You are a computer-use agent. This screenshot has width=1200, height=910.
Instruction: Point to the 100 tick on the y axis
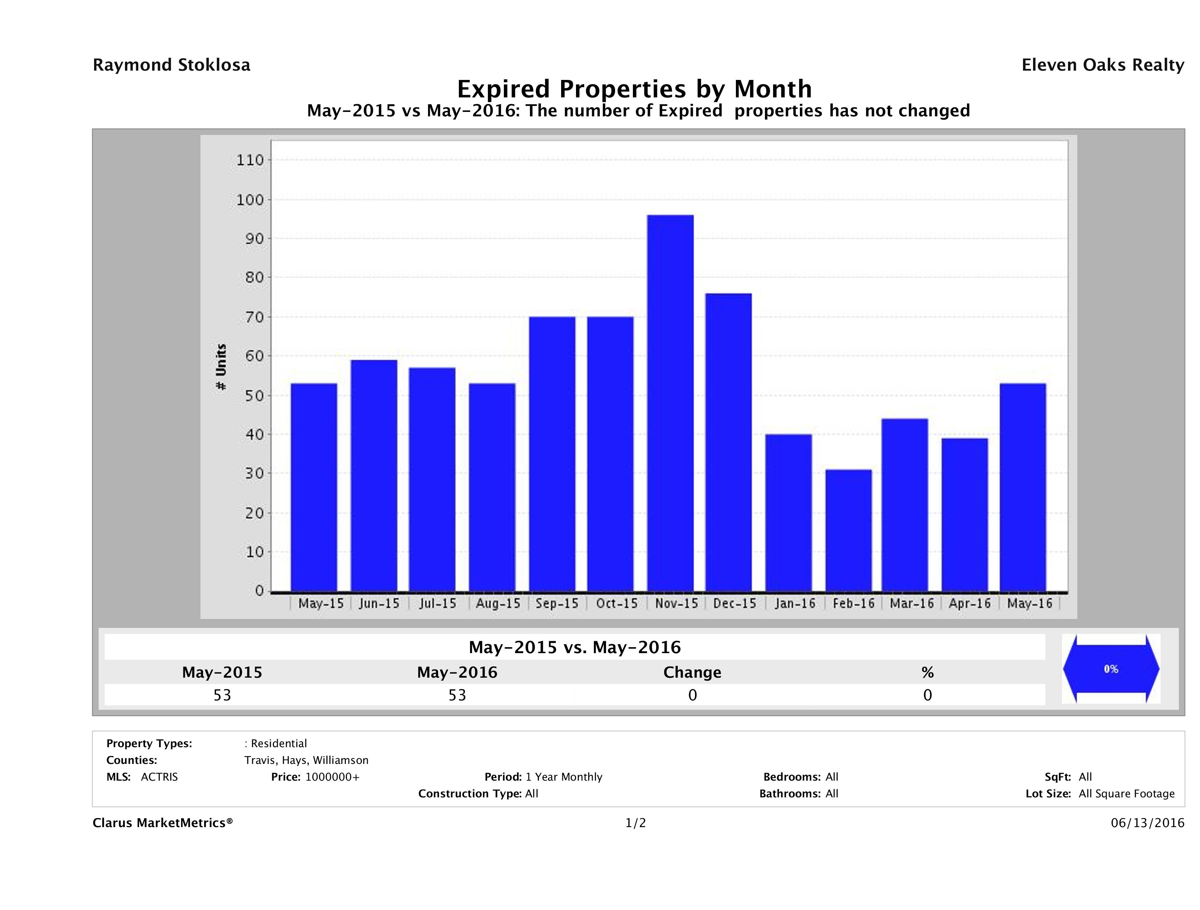point(250,200)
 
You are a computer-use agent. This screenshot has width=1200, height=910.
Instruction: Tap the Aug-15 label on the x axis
point(498,604)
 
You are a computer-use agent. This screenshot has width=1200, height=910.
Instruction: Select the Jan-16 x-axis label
point(795,604)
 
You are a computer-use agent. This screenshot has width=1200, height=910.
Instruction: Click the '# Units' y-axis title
point(221,367)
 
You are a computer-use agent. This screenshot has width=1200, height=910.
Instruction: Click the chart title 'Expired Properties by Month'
point(634,88)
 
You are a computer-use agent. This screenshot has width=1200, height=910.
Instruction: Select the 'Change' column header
point(692,672)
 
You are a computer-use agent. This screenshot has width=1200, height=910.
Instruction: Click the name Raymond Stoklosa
point(171,65)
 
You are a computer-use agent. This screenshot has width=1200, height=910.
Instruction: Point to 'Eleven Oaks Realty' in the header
point(1102,65)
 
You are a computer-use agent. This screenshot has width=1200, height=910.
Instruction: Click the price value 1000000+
point(332,777)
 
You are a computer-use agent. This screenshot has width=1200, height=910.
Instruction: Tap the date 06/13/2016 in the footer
point(1147,823)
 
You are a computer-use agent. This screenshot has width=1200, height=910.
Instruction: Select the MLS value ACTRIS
point(159,777)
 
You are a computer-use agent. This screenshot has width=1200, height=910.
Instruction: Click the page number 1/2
point(635,823)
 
